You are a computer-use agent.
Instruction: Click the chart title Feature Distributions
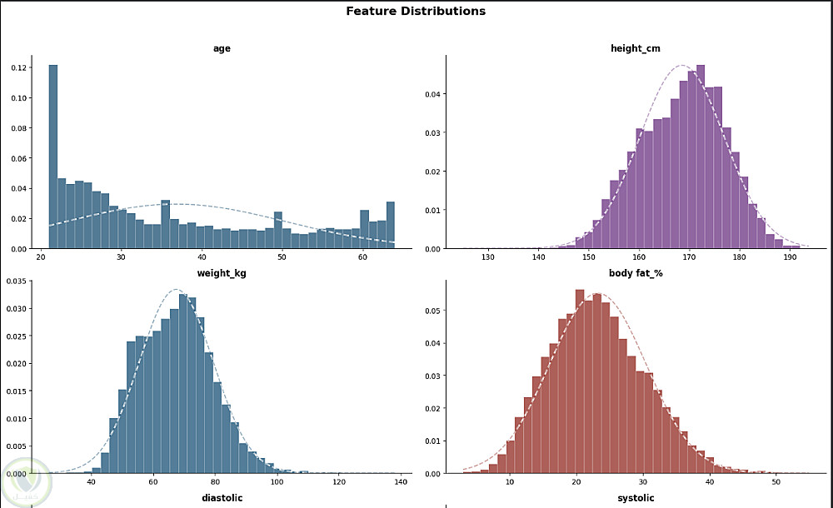pyautogui.click(x=416, y=12)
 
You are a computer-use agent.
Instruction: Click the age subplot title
pyautogui.click(x=222, y=48)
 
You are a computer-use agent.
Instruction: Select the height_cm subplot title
pyautogui.click(x=636, y=48)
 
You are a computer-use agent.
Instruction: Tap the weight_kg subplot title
pyautogui.click(x=222, y=273)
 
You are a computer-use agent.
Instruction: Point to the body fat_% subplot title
pyautogui.click(x=636, y=273)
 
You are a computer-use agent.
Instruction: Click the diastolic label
pyautogui.click(x=222, y=498)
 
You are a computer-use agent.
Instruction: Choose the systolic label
pyautogui.click(x=636, y=498)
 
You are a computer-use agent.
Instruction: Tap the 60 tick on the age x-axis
pyautogui.click(x=363, y=258)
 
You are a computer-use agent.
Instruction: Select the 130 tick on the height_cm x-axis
pyautogui.click(x=488, y=258)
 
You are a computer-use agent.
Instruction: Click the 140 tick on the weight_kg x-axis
pyautogui.click(x=401, y=483)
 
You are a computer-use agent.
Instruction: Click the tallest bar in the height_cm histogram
pyautogui.click(x=701, y=157)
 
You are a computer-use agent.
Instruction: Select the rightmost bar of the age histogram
pyautogui.click(x=390, y=225)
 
